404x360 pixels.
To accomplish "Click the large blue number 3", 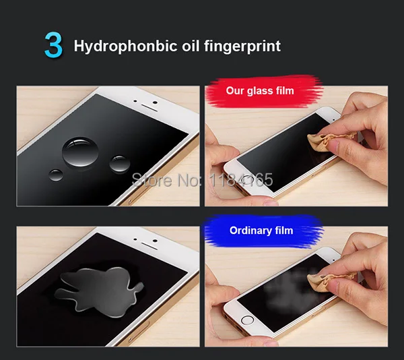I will pyautogui.click(x=53, y=44).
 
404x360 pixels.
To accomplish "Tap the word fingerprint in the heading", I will pyautogui.click(x=242, y=47).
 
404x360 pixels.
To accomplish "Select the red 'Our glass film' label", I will pyautogui.click(x=259, y=90).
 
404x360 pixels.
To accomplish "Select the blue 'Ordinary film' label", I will pyautogui.click(x=261, y=231).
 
